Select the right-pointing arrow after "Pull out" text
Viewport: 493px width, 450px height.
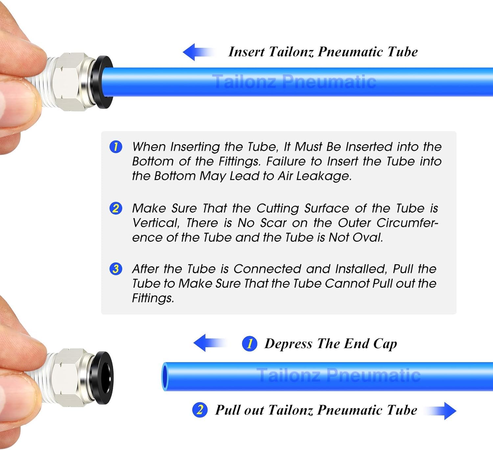click(442, 411)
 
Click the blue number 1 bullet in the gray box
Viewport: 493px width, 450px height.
click(116, 147)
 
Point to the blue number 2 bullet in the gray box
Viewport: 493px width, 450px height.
click(116, 208)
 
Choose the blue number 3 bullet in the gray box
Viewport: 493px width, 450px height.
click(116, 269)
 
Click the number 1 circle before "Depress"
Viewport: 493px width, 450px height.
click(249, 344)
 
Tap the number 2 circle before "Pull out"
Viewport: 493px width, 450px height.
click(200, 410)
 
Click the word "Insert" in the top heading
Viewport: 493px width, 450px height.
click(246, 52)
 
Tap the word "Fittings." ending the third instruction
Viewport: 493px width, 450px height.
click(153, 298)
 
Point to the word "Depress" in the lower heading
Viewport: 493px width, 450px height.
click(288, 344)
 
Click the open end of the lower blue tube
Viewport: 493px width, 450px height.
click(165, 377)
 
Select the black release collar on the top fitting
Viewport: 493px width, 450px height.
click(105, 82)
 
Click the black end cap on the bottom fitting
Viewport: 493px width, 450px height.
click(105, 378)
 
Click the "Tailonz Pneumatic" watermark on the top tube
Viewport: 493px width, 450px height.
click(294, 82)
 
